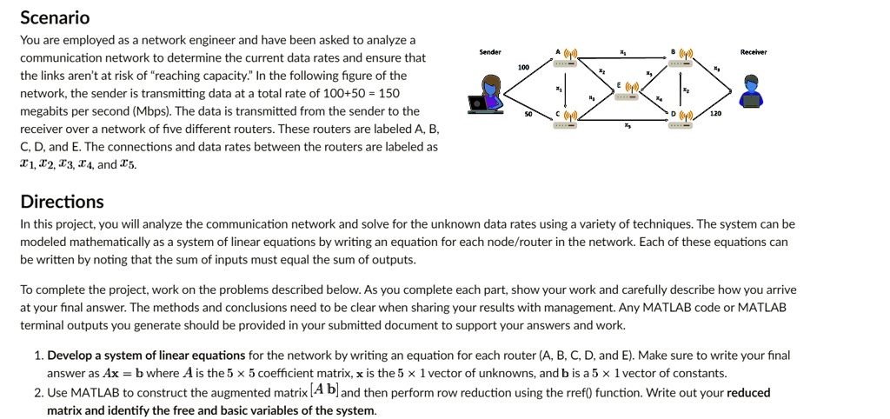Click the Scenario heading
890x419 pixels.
(55, 17)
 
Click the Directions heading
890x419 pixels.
(62, 202)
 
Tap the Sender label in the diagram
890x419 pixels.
(490, 52)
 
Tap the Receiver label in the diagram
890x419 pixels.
(752, 52)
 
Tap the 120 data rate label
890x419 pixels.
(714, 114)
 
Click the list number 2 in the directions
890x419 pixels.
(39, 392)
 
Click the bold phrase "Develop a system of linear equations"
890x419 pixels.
(146, 356)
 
